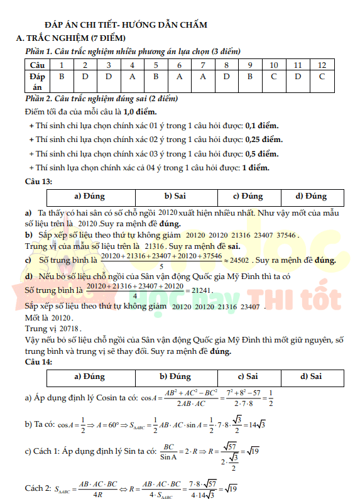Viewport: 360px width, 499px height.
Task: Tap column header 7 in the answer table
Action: [x=202, y=65]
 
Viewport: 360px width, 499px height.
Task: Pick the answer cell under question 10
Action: [x=273, y=77]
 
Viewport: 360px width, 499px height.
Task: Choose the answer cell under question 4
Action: [x=132, y=77]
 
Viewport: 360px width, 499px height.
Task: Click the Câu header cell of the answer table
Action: [x=37, y=65]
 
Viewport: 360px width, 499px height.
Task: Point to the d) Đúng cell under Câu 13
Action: [x=311, y=196]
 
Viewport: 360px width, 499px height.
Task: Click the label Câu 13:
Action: [x=38, y=181]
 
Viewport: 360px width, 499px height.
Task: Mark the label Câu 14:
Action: [x=38, y=362]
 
